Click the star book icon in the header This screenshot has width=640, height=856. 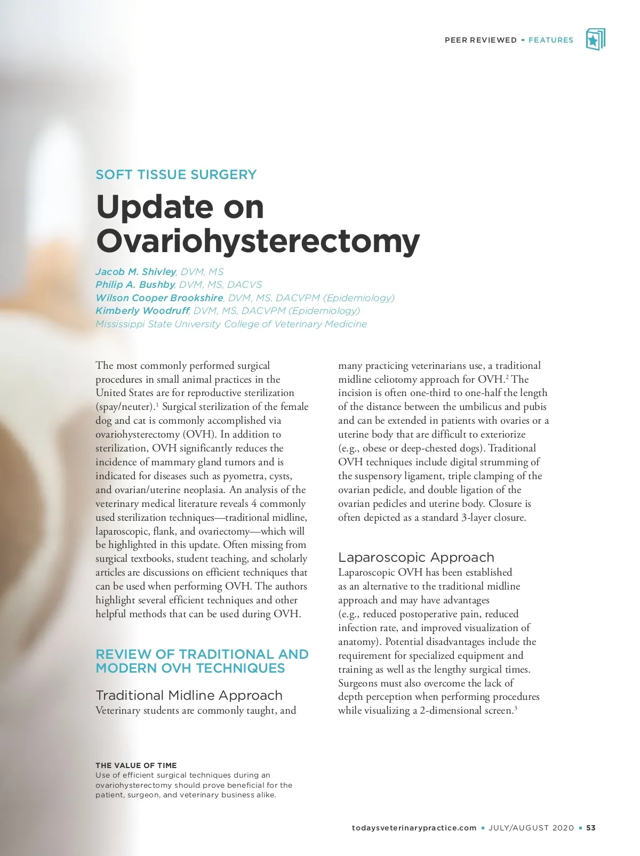tap(595, 40)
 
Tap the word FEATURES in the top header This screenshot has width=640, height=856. tap(550, 40)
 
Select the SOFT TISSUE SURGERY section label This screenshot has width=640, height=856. tap(176, 175)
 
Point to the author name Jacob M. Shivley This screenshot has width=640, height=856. tap(135, 272)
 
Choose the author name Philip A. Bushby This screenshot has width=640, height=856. tap(135, 285)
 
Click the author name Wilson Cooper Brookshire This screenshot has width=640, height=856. tap(159, 298)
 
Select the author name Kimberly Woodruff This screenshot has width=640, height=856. tap(142, 311)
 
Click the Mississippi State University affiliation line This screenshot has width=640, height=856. tap(231, 324)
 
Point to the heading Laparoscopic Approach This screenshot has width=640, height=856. tap(416, 558)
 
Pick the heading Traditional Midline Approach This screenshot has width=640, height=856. tap(189, 696)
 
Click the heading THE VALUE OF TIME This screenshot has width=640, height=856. tap(136, 765)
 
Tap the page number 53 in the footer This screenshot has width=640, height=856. tap(591, 828)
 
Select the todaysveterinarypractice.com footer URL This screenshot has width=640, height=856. tap(414, 828)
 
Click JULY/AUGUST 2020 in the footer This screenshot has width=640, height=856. tap(531, 828)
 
